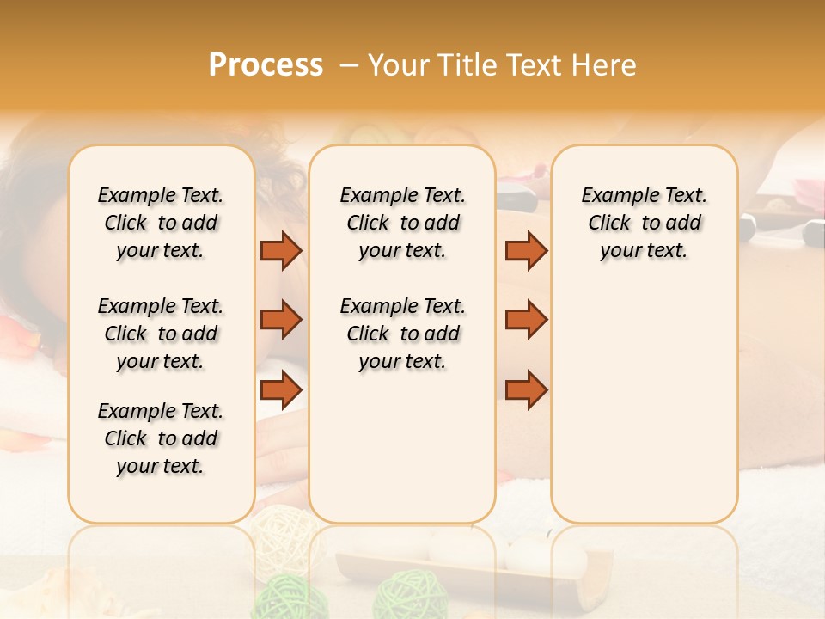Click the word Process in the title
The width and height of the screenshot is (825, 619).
click(x=266, y=65)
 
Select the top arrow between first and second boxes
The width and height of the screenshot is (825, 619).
click(x=280, y=250)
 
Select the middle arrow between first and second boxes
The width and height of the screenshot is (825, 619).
click(x=280, y=320)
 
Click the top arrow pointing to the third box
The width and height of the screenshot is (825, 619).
click(x=526, y=250)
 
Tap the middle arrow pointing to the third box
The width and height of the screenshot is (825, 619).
click(x=526, y=320)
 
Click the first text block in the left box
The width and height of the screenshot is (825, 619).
click(x=161, y=223)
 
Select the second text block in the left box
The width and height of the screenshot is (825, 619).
click(x=161, y=334)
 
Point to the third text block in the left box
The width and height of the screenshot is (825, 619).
click(x=161, y=438)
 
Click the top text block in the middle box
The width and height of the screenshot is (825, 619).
click(x=402, y=223)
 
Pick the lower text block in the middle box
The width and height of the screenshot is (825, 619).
click(x=402, y=334)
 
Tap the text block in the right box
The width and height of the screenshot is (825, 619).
click(x=644, y=223)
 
